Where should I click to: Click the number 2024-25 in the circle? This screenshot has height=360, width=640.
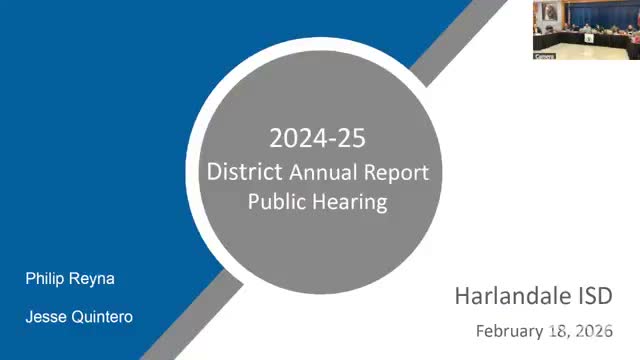(318, 138)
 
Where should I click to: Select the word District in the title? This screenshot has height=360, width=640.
(244, 172)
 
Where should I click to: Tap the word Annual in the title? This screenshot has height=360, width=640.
(323, 172)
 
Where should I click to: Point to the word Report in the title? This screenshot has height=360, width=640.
(396, 173)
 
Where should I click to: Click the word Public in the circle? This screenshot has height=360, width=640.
(272, 202)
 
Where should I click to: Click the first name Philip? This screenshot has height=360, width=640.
(45, 279)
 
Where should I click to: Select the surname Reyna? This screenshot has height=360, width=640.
(92, 280)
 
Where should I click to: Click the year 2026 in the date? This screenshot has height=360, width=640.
(595, 331)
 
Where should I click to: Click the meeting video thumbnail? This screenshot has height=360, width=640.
(587, 30)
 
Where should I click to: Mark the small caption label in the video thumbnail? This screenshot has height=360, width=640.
(544, 57)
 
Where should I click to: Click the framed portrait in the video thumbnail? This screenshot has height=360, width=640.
(550, 11)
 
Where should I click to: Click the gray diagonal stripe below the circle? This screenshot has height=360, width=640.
(192, 315)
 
